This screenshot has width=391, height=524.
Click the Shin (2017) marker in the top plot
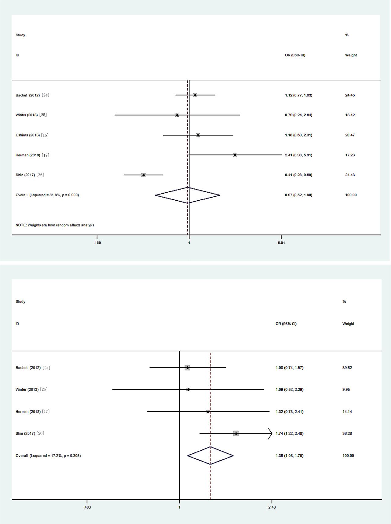[144, 175]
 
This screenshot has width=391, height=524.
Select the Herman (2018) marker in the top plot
[235, 155]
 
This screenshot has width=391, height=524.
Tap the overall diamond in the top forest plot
[188, 195]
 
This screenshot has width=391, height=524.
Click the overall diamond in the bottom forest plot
[210, 456]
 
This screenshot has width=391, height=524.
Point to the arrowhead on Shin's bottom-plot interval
[270, 433]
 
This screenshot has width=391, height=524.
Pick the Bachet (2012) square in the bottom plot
[187, 368]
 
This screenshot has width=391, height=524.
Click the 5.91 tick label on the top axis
[281, 243]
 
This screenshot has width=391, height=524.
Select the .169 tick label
[97, 243]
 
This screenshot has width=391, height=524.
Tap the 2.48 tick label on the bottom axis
[272, 507]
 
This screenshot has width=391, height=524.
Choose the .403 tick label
[87, 507]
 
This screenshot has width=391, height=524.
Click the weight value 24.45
[350, 95]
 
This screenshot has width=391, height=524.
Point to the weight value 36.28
[347, 433]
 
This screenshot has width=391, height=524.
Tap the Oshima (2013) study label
[32, 135]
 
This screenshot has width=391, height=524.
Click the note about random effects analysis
[55, 225]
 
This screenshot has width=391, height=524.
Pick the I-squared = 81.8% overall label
[47, 195]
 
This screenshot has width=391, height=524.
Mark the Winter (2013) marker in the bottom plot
[188, 389]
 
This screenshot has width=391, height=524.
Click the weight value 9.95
[346, 389]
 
